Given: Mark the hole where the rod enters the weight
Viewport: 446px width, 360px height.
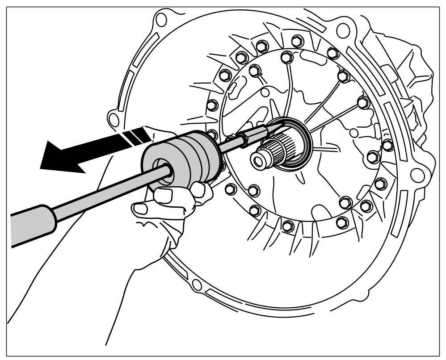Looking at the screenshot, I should click(163, 172).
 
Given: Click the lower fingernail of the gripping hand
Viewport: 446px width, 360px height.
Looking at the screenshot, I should click(142, 208).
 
